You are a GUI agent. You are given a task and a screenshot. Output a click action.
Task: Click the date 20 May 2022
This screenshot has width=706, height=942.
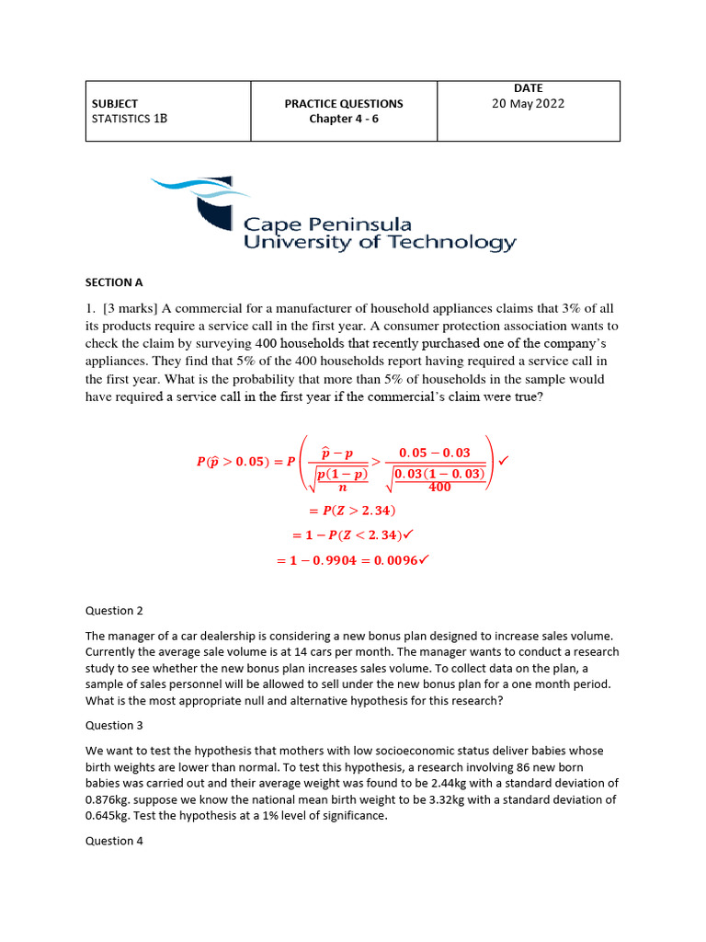528,104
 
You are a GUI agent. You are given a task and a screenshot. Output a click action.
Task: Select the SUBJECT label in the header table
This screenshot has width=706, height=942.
115,104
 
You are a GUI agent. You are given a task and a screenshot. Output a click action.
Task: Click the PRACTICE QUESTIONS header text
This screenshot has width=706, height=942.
344,104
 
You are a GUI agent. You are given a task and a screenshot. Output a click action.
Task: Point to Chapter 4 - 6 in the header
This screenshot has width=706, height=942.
344,120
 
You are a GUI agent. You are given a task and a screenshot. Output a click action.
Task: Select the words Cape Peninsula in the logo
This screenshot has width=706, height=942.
327,224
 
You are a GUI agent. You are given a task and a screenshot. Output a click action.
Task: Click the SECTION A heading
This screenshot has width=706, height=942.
115,282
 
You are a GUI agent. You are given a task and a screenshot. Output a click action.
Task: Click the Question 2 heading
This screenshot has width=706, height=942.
115,610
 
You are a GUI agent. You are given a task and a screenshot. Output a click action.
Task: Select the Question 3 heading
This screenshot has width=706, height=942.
115,725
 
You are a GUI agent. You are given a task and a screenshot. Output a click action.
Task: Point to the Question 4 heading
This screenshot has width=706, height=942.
115,840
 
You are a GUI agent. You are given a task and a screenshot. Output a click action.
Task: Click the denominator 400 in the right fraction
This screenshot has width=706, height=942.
439,487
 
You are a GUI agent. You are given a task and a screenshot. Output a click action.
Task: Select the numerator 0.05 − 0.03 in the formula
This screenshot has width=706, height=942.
434,453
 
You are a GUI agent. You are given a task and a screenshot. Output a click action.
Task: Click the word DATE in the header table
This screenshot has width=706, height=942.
528,88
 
